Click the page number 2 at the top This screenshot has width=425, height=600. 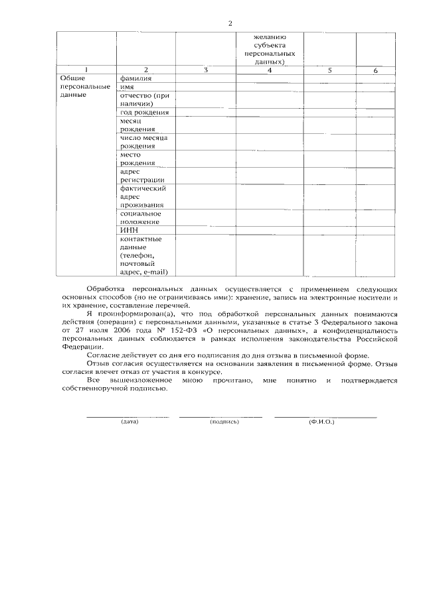pyautogui.click(x=230, y=24)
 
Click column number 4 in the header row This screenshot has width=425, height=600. pyautogui.click(x=269, y=70)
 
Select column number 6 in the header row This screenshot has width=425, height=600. pyautogui.click(x=375, y=70)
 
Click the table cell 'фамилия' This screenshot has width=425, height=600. pyautogui.click(x=135, y=78)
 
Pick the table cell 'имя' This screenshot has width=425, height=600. pyautogui.click(x=127, y=87)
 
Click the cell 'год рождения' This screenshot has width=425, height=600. pyautogui.click(x=139, y=113)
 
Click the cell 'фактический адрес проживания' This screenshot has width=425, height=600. pyautogui.click(x=143, y=197)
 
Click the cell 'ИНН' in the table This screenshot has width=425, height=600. pyautogui.click(x=128, y=229)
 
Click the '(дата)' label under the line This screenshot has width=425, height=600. pyautogui.click(x=129, y=422)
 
